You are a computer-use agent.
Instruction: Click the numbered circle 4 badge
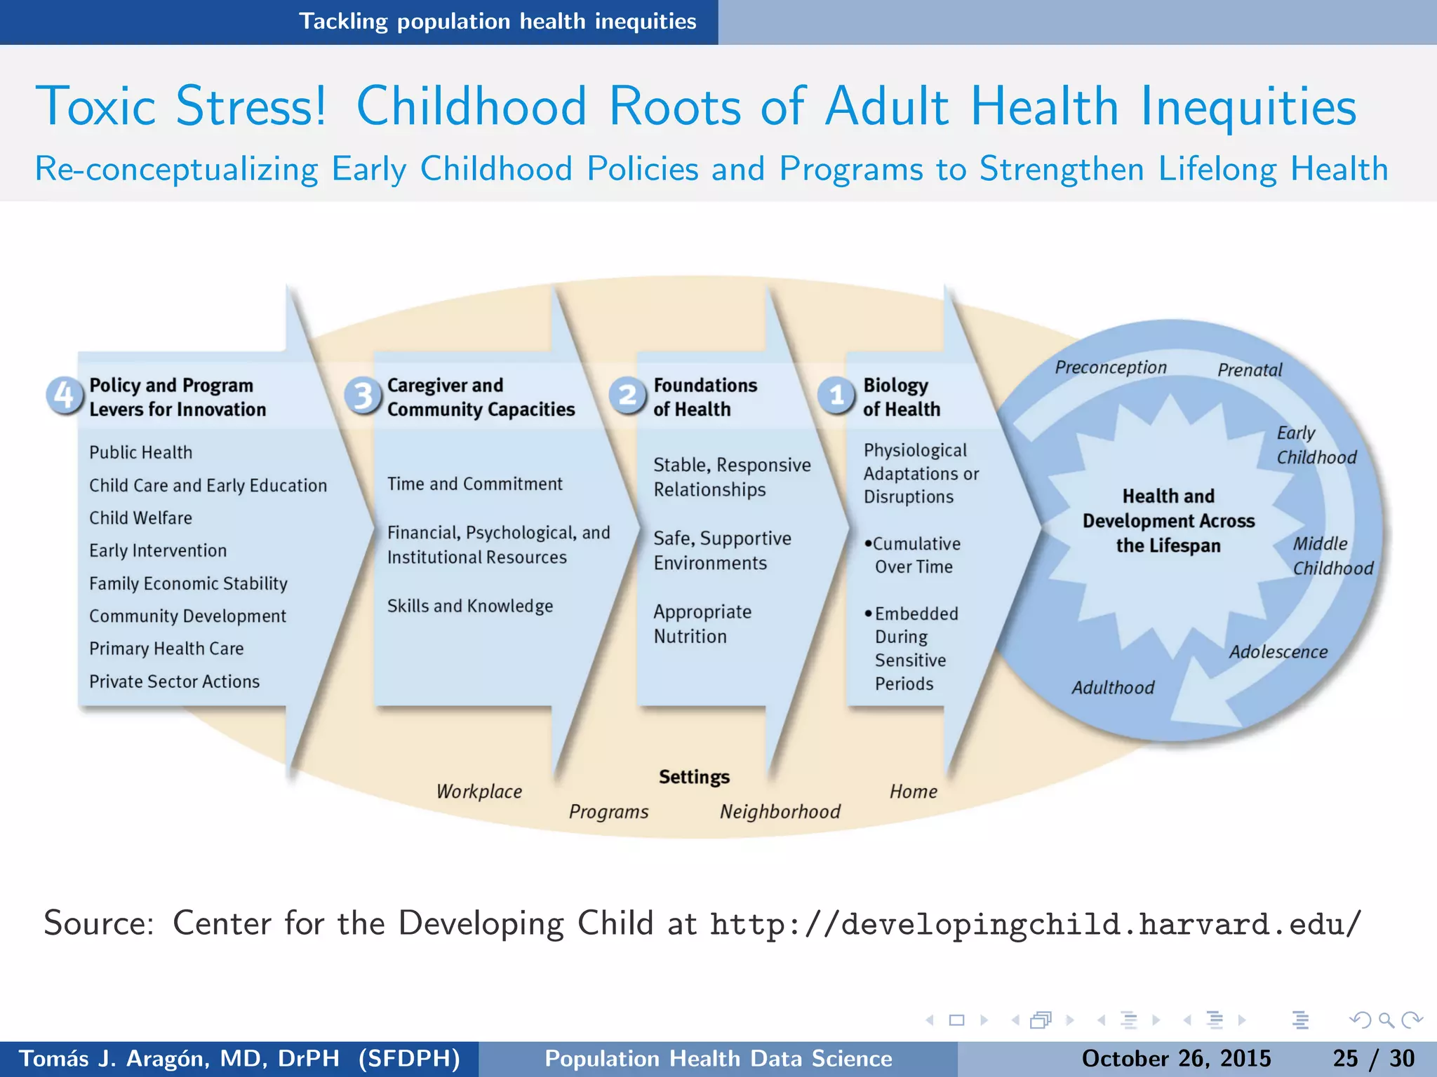coord(64,395)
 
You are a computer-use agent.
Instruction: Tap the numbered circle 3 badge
coord(363,395)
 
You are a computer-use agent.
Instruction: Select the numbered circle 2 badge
coord(627,395)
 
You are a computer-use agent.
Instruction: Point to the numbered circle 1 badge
coord(836,395)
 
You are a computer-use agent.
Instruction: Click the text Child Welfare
coord(140,518)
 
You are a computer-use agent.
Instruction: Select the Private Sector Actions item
coord(174,682)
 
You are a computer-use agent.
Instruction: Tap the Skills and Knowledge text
coord(470,606)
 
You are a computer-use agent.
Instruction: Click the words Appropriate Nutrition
coord(702,624)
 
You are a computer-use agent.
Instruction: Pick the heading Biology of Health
coord(901,397)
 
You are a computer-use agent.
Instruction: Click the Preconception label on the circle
coord(1111,367)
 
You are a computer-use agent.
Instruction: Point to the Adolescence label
coord(1278,652)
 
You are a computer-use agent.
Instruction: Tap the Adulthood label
coord(1113,688)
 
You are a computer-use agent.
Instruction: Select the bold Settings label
coord(694,777)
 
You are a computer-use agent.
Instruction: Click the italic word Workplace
coord(479,792)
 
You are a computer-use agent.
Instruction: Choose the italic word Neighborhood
coord(780,812)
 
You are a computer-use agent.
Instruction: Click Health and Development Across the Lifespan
coord(1168,521)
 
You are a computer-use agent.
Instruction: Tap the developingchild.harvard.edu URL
coord(1035,923)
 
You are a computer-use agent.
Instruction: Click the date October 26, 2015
coord(1176,1058)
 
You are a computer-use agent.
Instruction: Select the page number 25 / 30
coord(1373,1058)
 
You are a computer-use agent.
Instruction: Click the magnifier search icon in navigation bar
coord(1386,1020)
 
